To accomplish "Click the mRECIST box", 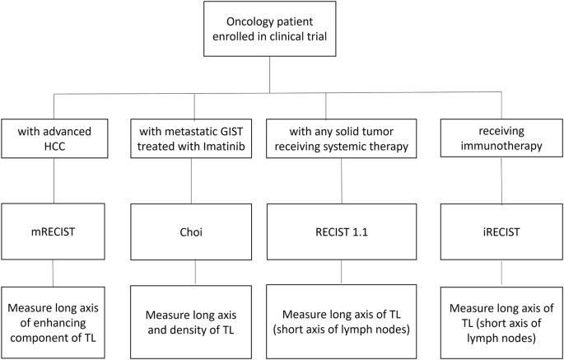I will (54, 231).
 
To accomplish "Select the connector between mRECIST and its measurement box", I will (54, 271).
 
